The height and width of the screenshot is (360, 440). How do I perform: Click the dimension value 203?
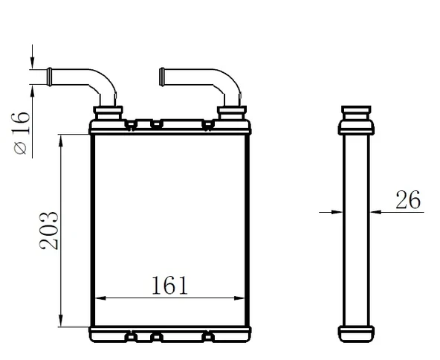point(50,231)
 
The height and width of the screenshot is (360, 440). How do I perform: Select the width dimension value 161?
point(169,285)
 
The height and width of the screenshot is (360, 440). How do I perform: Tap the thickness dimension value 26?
point(407,199)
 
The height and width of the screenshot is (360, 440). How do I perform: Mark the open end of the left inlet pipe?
point(49,75)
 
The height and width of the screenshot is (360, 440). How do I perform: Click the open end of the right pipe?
point(161,75)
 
